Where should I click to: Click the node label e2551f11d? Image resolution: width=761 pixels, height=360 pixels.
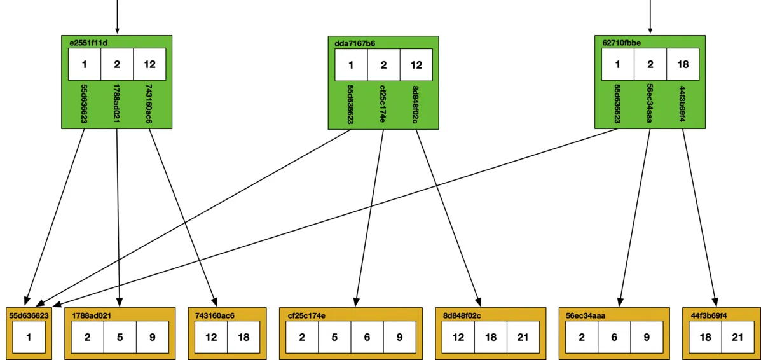click(88, 43)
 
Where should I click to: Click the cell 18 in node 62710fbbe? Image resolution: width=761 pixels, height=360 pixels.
click(683, 64)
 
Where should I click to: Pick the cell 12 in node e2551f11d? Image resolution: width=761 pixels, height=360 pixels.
click(149, 64)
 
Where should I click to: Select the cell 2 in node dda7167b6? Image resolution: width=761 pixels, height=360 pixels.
click(383, 64)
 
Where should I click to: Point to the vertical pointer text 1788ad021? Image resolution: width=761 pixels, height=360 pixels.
click(116, 103)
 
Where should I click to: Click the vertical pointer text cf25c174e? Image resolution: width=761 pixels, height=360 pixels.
click(383, 103)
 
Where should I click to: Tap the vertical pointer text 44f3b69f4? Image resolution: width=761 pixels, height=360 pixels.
click(683, 103)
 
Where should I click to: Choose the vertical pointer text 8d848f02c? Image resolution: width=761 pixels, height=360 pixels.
click(416, 103)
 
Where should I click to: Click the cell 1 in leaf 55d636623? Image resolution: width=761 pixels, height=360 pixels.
click(29, 337)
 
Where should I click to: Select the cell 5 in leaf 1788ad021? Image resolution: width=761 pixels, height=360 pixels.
click(120, 337)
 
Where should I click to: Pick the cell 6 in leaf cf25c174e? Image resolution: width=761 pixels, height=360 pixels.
click(367, 337)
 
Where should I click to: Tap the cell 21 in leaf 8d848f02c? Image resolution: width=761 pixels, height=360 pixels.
click(523, 337)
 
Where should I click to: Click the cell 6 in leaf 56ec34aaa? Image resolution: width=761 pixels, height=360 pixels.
click(614, 337)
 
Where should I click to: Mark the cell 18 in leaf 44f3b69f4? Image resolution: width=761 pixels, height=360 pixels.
click(705, 337)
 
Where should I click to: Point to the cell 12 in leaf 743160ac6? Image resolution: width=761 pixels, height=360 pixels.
click(211, 337)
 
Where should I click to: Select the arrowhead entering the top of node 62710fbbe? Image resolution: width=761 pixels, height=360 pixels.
click(650, 29)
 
